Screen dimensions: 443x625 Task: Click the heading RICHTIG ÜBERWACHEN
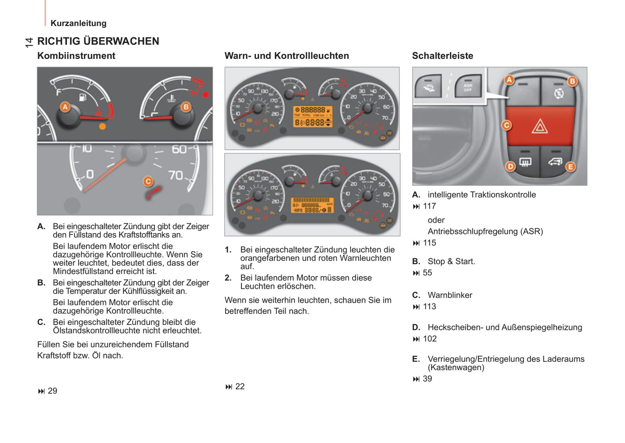pos(98,41)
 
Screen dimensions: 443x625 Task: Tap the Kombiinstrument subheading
pos(76,56)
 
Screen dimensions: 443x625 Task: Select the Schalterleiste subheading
pos(442,56)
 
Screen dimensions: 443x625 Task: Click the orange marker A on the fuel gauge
pos(65,107)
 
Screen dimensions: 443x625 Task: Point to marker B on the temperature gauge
pos(186,107)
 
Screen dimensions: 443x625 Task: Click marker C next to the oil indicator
pos(148,181)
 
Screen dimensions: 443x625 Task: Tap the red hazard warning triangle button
pos(539,127)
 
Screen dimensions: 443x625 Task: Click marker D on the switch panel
pos(510,166)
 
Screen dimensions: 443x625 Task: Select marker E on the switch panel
pos(571,167)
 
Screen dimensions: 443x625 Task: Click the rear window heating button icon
pos(525,162)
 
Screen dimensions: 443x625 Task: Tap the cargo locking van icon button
pos(555,162)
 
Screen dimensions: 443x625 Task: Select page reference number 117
pos(429,206)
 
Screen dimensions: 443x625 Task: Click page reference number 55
pos(427,273)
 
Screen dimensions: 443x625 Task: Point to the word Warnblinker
pos(450,295)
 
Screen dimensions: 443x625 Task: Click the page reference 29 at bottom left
pos(52,391)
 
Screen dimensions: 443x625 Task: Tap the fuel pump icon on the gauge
pos(82,97)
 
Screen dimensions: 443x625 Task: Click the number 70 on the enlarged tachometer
pos(176,175)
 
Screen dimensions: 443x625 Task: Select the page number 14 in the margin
pos(29,42)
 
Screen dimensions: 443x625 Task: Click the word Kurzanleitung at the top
pos(78,23)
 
